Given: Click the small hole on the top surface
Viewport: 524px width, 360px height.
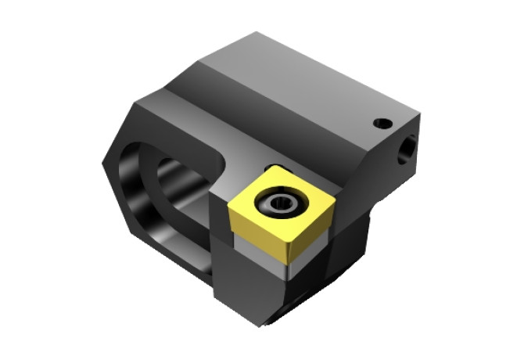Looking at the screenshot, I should pos(381,123).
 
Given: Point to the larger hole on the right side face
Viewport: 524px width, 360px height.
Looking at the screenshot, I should pos(407,150).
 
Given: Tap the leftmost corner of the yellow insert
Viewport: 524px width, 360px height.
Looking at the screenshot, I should pos(230,205).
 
